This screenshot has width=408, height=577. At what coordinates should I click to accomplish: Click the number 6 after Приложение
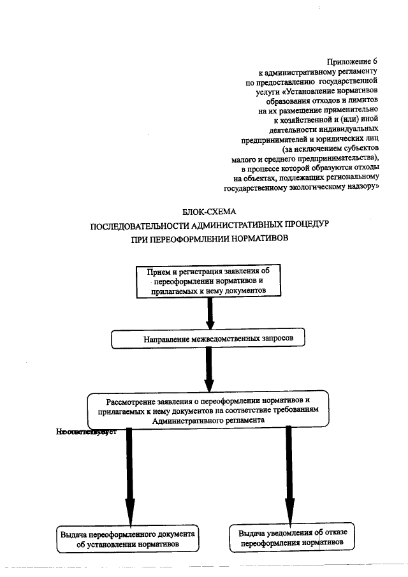coord(375,61)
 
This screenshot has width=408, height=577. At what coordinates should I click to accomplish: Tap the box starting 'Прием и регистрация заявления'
coord(208,281)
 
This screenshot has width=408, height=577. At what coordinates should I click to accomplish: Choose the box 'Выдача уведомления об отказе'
coord(291,537)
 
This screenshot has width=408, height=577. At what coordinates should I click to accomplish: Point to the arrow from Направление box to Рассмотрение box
coord(208,369)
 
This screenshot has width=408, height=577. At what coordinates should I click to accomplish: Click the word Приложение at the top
coord(349,61)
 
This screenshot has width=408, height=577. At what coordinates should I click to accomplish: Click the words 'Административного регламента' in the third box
coord(208,421)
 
